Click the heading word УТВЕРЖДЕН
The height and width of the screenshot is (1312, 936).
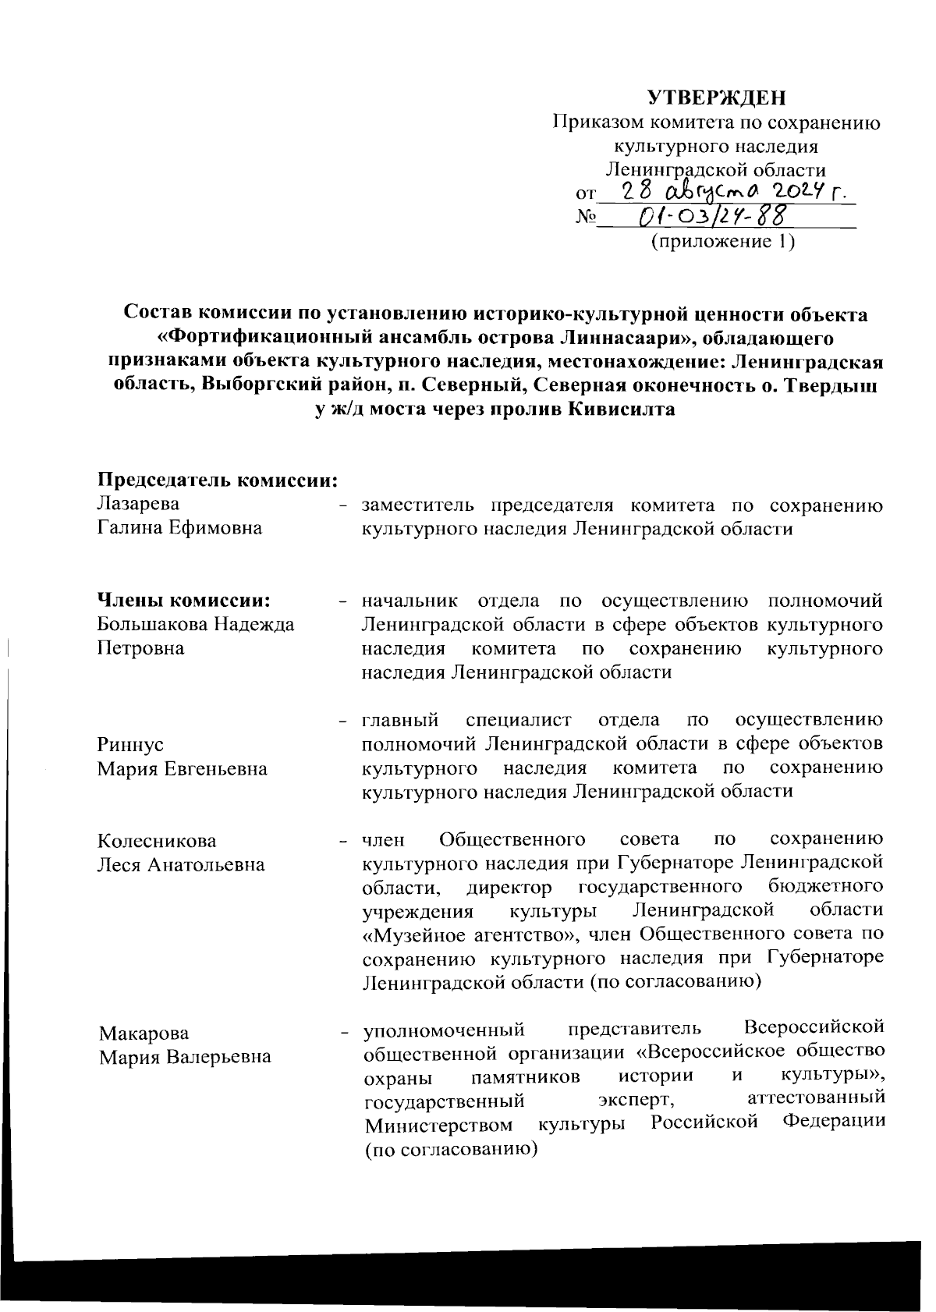tap(717, 98)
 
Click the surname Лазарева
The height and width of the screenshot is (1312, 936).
tap(138, 504)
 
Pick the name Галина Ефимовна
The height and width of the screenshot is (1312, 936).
tap(179, 528)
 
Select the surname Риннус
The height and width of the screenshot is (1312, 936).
tap(130, 745)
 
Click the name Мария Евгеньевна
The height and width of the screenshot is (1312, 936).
tap(183, 769)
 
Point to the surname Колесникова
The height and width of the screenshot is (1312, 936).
tap(157, 841)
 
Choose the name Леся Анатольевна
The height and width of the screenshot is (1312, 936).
tap(181, 865)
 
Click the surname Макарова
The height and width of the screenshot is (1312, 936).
tap(144, 1034)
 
